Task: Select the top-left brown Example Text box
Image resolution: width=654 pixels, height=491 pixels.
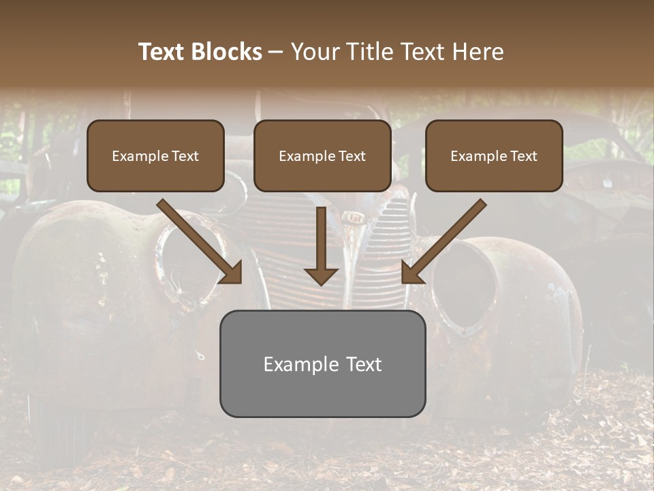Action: pos(155,156)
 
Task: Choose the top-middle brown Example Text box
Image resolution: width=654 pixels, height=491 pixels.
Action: pos(322,156)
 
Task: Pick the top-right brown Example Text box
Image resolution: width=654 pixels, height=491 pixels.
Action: pos(494,156)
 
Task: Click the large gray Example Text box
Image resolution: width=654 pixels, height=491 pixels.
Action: pos(322,364)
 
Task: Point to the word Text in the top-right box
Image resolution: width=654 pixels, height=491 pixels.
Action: pos(523,156)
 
